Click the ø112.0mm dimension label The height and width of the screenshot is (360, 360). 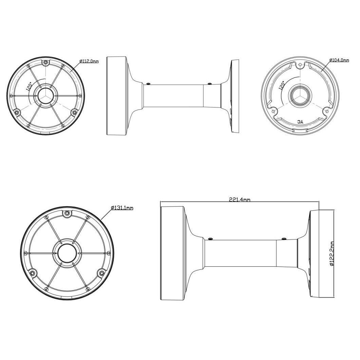[x=89, y=61]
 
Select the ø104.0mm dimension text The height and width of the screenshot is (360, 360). [x=339, y=60]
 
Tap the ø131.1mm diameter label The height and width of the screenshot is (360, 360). [x=122, y=208]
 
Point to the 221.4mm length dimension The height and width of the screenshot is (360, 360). [x=240, y=200]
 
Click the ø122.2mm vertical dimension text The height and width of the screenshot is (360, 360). [x=331, y=253]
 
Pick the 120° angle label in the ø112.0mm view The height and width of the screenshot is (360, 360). [x=30, y=86]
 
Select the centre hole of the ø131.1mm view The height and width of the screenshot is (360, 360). [x=67, y=253]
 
